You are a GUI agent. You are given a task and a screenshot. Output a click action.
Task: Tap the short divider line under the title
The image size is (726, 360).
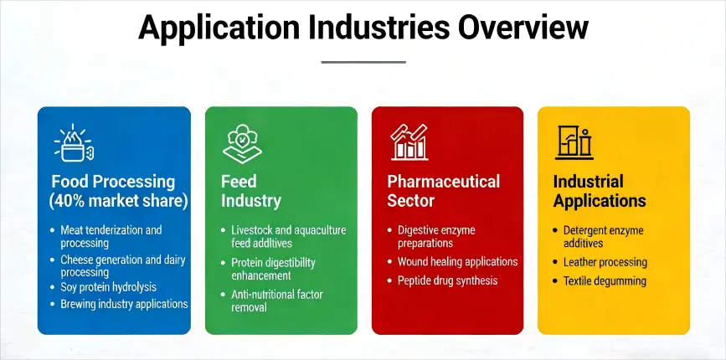[363, 61]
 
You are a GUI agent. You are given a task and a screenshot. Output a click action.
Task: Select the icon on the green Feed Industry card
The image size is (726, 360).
[241, 143]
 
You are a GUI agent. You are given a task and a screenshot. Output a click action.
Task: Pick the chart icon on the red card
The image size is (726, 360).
[409, 141]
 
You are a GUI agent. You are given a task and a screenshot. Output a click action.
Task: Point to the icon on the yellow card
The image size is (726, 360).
[574, 141]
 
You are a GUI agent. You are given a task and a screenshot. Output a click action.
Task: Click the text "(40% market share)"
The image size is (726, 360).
[118, 201]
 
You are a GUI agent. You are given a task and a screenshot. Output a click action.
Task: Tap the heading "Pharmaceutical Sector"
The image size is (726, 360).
[443, 191]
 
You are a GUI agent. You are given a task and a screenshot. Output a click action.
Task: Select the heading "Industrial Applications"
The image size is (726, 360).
[600, 191]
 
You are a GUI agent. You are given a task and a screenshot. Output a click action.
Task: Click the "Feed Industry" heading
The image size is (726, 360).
[251, 191]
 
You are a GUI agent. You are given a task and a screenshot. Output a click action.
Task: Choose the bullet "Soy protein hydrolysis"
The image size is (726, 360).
[108, 287]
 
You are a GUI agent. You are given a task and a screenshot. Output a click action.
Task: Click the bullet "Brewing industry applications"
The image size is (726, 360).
[124, 304]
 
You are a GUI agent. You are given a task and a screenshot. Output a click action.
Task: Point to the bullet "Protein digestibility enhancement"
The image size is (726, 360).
[273, 269]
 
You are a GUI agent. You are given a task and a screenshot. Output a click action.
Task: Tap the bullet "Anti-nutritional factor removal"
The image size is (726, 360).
[276, 301]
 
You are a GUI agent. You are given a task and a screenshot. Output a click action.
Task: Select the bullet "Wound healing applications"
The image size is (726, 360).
[457, 261]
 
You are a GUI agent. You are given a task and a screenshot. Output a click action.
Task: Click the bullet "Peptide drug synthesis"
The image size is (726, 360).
[447, 280]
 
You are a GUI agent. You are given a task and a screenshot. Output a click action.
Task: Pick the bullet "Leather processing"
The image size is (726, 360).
[605, 262]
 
